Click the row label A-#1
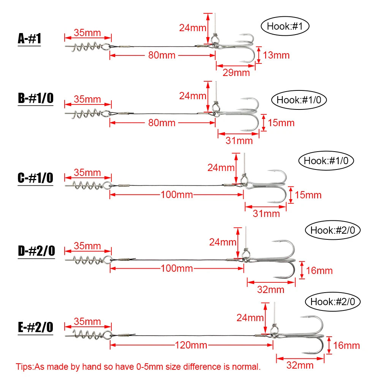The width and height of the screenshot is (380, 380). coord(29,38)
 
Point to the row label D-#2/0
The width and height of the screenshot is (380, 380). coord(36,251)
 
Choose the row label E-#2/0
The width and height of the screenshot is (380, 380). coord(35,327)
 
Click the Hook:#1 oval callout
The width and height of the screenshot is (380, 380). coord(285,26)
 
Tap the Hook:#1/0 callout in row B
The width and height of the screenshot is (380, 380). coord(299,100)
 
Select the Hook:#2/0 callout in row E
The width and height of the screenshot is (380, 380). coord(333,302)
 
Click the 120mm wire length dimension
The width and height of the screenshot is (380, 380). coord(191,345)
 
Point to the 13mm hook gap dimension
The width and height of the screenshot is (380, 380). coord(276,55)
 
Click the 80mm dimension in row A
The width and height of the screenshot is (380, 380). coord(162,55)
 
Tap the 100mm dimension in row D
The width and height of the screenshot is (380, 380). coord(177,268)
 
